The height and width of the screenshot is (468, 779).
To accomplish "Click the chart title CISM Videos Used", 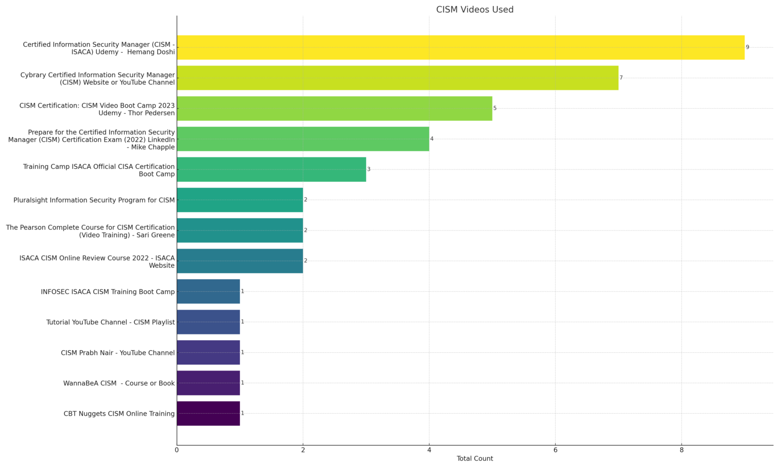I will pos(474,10).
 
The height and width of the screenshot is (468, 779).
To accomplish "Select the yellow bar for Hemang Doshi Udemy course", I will pos(461,48).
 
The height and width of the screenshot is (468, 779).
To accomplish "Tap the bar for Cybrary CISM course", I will pos(397,78).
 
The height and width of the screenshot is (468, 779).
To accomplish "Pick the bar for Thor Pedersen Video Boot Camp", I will pos(334,109).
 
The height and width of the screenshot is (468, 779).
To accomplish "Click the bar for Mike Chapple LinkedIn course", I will pos(303,139).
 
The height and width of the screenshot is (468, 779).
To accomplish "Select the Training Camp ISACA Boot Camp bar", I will pos(271,170).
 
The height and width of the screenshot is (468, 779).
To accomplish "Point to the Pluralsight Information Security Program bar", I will pos(240,200).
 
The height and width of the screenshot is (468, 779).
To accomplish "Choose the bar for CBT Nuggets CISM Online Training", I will pos(208,414).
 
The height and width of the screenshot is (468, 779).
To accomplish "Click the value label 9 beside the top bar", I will pos(747,47).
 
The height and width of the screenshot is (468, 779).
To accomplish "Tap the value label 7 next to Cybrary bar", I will pos(621,78).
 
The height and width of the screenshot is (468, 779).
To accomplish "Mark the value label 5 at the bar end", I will pos(495,108).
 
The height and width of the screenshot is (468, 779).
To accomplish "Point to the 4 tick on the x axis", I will pos(429,450).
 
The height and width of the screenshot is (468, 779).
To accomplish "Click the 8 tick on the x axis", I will pos(681,450).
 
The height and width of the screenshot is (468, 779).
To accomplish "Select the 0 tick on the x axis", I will pos(176,450).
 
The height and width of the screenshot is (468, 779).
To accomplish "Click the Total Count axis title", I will pos(474,459).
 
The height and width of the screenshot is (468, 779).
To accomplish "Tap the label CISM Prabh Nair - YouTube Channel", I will pos(118,353).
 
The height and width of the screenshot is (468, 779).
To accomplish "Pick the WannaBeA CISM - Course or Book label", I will pos(119,383).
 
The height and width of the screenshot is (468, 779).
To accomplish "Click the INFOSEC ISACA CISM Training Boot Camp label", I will pos(108,292).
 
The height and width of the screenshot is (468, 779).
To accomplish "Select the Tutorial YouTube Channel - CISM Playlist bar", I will pos(208,322).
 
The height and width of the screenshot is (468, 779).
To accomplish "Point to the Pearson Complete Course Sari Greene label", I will pos(90,231).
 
